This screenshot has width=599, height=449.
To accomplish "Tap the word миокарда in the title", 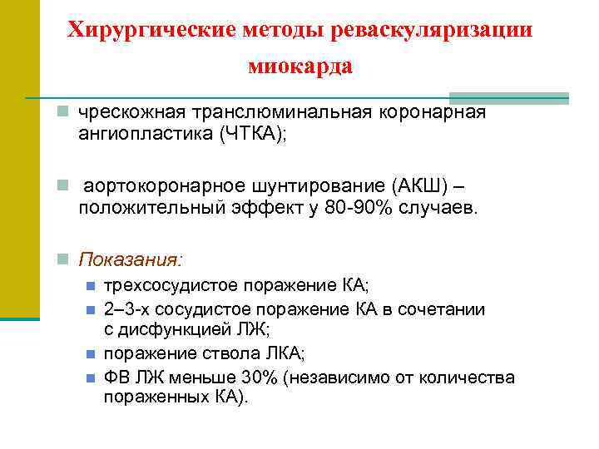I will [x=300, y=67].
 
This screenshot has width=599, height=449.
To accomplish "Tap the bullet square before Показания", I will [x=63, y=259].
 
